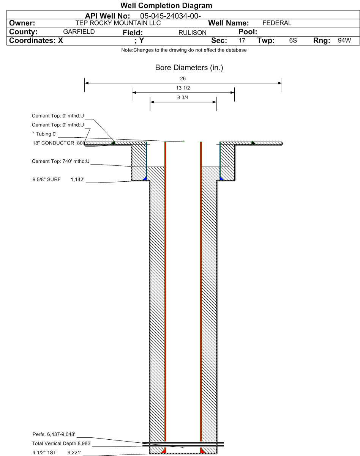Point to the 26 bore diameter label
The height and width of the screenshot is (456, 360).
click(x=183, y=79)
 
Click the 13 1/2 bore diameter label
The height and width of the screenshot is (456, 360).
click(x=183, y=88)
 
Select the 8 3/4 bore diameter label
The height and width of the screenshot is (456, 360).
click(x=183, y=98)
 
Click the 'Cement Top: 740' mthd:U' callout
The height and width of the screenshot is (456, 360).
click(x=60, y=162)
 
